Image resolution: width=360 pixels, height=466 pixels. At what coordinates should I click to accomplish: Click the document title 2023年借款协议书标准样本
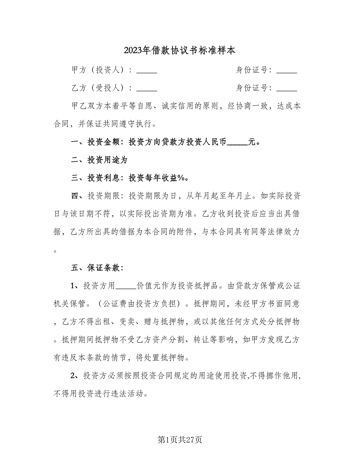click(x=180, y=50)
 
